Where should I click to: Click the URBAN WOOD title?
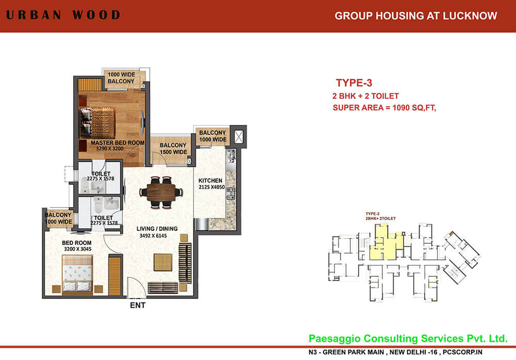(63, 14)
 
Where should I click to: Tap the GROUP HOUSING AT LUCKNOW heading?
(416, 15)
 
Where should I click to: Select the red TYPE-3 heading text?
(353, 83)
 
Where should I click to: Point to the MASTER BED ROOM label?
(118, 143)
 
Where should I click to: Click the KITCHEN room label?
(211, 180)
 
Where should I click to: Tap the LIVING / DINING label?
(157, 229)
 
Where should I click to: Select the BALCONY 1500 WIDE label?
(173, 149)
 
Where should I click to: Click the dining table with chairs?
(161, 192)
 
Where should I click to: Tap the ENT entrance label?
(138, 305)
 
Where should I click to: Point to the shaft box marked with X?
(239, 136)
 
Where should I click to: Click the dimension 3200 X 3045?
(77, 249)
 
